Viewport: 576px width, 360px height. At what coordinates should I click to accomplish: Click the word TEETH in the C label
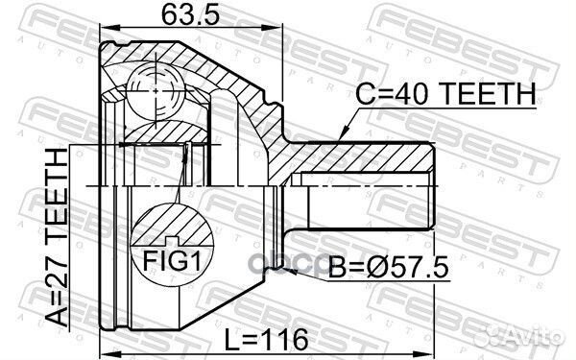point(491,93)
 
